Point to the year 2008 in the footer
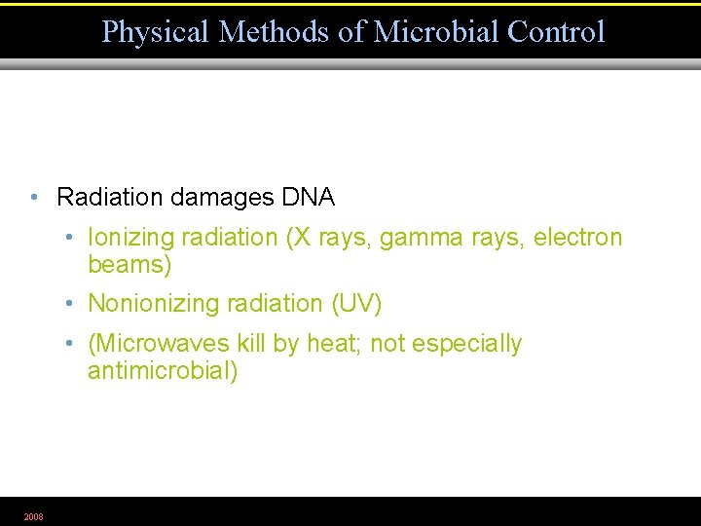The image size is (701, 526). [33, 516]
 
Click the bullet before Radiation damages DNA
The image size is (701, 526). [34, 198]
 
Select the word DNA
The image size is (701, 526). [308, 198]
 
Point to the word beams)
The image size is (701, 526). [129, 265]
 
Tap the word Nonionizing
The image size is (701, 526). [148, 304]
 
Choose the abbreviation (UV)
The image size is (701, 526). [356, 304]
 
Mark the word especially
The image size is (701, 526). [467, 344]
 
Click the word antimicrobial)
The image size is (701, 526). [163, 371]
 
